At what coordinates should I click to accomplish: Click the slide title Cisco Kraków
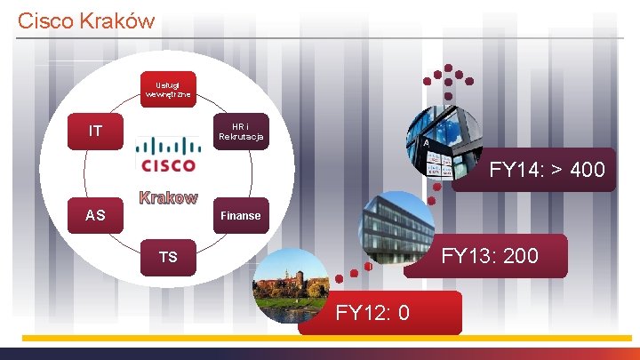coord(86,20)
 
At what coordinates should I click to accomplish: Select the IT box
coord(96,132)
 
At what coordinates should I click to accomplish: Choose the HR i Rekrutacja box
coord(240,132)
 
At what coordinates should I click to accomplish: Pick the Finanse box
coord(240,215)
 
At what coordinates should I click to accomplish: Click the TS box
coord(168,258)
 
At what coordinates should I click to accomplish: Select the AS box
coord(96,215)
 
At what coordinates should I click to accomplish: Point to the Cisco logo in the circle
coord(166,154)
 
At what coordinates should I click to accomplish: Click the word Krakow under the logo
coord(167,197)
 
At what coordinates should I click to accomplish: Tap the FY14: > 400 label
coord(546,170)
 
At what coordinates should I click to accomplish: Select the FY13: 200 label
coord(490,256)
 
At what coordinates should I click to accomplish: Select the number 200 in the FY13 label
coord(520,256)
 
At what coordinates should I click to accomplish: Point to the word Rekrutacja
coord(240,137)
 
